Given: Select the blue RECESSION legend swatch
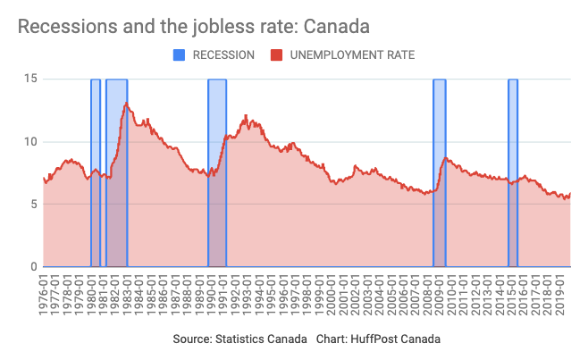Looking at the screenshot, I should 179,55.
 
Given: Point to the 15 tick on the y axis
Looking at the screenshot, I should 29,79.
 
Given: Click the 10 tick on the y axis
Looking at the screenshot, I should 29,141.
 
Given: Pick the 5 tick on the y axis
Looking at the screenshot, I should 33,204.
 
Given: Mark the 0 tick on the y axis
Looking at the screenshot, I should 33,266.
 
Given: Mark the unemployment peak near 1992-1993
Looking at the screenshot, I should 246,115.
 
